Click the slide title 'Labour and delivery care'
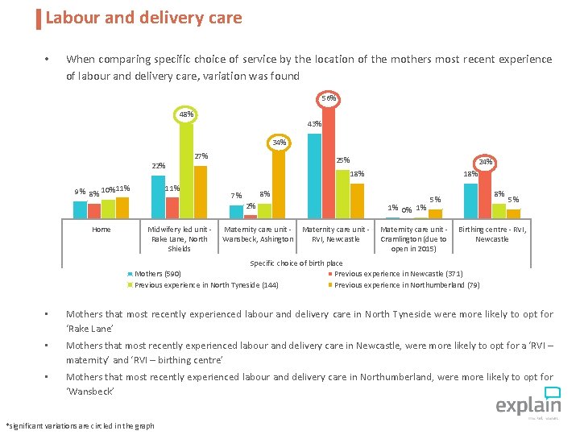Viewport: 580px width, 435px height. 143,17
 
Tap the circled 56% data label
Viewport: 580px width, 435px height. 328,98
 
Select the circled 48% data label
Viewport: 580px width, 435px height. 186,114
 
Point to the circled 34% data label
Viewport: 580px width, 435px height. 279,143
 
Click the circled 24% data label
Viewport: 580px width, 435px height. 485,161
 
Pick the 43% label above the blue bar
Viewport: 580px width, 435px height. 314,124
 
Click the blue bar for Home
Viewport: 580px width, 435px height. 80,209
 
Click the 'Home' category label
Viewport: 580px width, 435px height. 101,230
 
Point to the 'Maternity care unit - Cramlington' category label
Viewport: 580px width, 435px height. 413,239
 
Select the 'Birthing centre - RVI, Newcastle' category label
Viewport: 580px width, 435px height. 491,234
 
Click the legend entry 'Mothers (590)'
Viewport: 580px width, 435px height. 157,274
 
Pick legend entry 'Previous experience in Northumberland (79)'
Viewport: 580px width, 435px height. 407,284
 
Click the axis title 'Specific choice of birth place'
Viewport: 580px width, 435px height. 296,263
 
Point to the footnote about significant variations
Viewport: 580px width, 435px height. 80,425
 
